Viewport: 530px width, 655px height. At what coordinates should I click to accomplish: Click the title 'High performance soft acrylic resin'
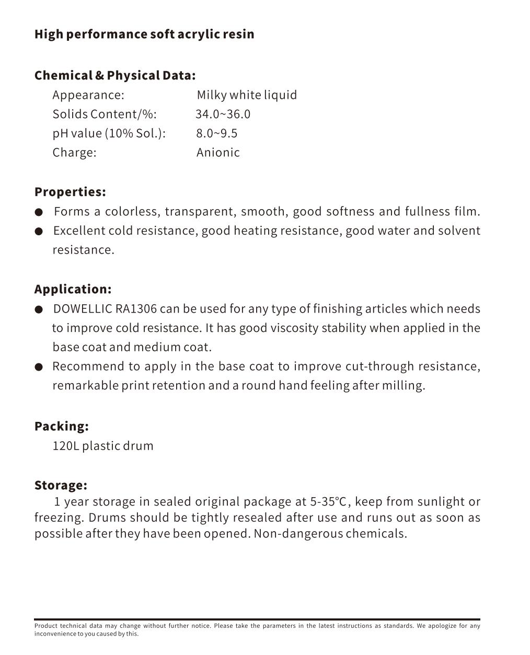coord(144,35)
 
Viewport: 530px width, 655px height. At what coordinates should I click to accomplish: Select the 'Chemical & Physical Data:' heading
coord(115,75)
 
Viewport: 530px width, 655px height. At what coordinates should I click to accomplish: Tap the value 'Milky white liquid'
coord(247,95)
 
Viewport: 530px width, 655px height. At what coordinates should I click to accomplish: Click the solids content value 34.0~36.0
coord(223,114)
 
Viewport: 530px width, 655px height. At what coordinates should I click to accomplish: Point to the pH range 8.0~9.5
coord(217,134)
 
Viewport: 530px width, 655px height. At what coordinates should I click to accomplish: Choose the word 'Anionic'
coord(218,153)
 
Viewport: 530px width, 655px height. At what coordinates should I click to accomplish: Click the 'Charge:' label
coord(74,153)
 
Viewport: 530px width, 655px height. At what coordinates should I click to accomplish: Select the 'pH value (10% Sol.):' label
coord(109,134)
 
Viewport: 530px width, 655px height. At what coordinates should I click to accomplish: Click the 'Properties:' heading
coord(70,192)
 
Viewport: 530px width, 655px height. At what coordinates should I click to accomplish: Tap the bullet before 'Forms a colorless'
coord(39,212)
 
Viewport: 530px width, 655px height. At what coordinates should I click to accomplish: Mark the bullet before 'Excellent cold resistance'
coord(39,232)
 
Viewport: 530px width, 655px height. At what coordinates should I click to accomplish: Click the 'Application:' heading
coord(73,289)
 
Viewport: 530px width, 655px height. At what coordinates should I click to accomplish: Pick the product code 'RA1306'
coord(136,309)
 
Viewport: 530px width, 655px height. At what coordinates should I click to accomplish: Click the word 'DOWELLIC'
coord(83,309)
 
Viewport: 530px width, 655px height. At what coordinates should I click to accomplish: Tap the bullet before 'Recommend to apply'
coord(39,367)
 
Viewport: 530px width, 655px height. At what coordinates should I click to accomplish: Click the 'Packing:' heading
coord(61,426)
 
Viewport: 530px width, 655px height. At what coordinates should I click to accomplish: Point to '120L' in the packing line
coord(66,446)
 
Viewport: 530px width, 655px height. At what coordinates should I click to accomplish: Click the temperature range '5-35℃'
coord(329,502)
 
